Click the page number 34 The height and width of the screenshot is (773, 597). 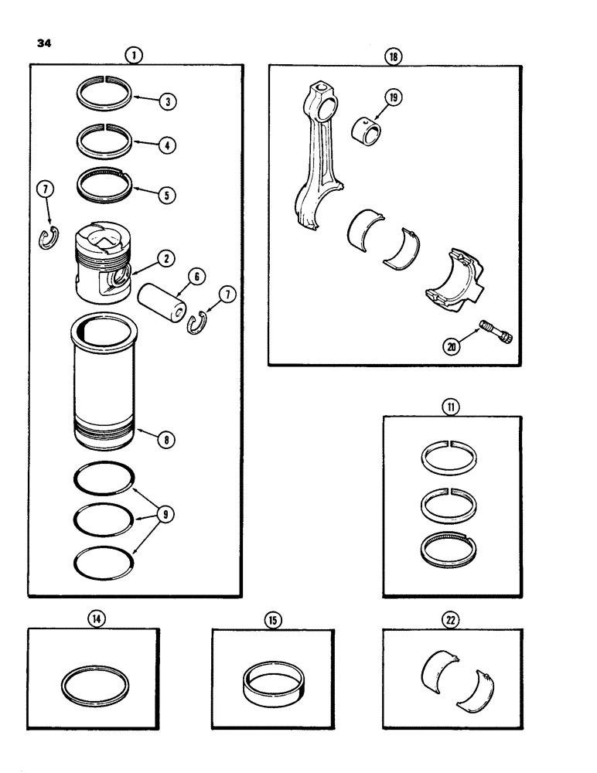[38, 44]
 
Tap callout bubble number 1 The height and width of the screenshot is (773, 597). [135, 55]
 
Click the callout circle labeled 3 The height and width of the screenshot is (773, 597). [164, 102]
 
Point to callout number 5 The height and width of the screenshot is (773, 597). [164, 195]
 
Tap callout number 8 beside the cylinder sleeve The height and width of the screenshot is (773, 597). [165, 439]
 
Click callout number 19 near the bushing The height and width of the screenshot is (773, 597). [394, 98]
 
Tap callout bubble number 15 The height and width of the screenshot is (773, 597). [272, 620]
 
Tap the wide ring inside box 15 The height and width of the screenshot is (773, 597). [273, 679]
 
